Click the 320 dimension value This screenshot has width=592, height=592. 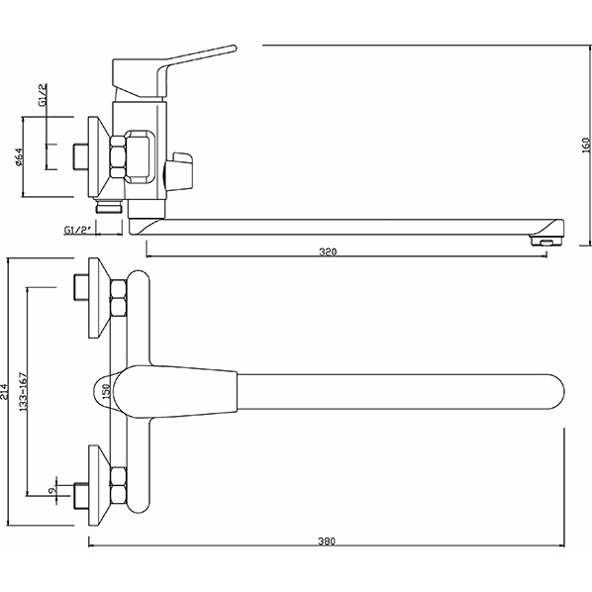tap(328, 251)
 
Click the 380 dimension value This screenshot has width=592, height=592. tap(327, 542)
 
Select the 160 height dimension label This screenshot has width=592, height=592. tap(586, 145)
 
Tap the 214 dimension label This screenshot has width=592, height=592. tap(4, 392)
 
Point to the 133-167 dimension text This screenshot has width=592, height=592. tap(24, 392)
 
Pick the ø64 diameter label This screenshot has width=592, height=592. tap(19, 157)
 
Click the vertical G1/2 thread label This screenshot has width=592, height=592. tap(44, 95)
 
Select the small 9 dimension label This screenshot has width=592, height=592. tap(52, 490)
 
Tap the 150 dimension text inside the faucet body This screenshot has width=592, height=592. tap(106, 391)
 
